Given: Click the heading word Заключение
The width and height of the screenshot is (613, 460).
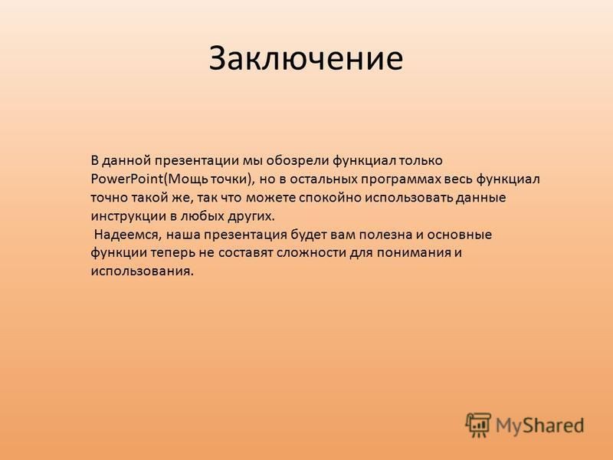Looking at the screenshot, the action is click(x=306, y=58).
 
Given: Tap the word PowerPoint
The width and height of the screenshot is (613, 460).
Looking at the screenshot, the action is click(x=126, y=179).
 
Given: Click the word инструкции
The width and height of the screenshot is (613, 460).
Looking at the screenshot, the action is click(x=128, y=217).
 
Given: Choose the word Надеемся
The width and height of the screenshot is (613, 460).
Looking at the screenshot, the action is click(x=127, y=235).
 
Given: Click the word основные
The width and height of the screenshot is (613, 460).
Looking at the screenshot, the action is click(x=459, y=235).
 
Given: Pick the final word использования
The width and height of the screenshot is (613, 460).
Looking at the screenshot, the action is click(x=143, y=271).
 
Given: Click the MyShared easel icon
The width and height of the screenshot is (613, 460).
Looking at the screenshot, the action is click(x=477, y=425).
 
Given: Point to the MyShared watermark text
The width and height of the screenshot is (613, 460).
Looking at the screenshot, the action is click(x=540, y=426).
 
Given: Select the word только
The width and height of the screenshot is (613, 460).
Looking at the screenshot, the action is click(x=421, y=161).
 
